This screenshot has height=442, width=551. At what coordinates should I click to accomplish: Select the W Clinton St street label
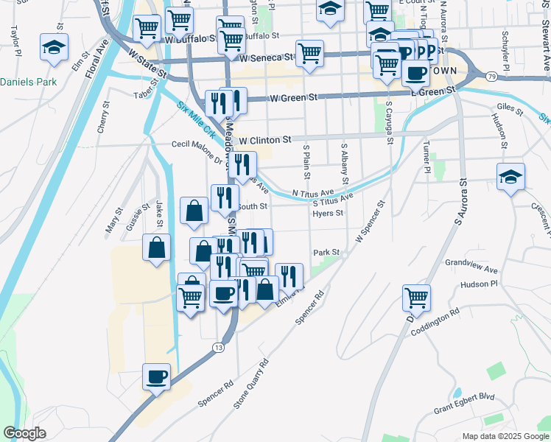click(264, 139)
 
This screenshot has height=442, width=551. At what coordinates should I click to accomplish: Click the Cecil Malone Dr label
click(198, 151)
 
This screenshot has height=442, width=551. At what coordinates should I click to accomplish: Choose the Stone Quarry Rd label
click(251, 384)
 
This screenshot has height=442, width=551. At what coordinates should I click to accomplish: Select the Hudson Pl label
click(479, 283)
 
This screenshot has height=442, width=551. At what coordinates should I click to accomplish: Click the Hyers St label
click(328, 214)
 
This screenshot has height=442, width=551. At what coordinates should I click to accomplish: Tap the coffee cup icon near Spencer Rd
click(157, 377)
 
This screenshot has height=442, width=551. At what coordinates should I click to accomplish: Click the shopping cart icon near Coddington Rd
click(416, 298)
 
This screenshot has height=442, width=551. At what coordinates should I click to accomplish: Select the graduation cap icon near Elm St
click(55, 47)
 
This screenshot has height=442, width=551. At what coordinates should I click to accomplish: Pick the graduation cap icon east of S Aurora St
click(510, 178)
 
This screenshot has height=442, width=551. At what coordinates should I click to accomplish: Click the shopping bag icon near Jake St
click(157, 248)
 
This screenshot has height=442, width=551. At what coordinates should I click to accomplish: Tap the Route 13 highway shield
click(218, 346)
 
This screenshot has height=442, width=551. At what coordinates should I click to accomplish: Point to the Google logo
click(24, 433)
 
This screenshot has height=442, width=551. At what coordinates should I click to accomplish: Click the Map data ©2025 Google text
click(505, 435)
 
